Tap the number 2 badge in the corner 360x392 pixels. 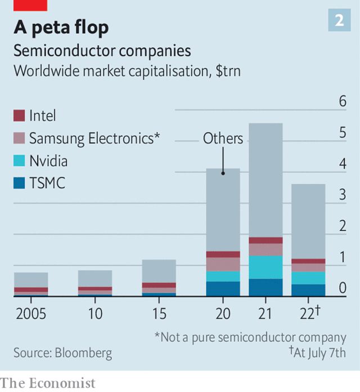339,21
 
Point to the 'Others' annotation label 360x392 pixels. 223,139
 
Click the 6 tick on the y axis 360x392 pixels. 343,101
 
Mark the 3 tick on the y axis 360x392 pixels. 343,195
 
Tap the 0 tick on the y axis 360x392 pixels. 343,288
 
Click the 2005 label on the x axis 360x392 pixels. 31,313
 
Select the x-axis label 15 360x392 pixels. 159,313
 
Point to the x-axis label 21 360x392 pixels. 265,313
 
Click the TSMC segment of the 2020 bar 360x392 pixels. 223,288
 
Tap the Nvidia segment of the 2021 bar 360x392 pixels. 265,267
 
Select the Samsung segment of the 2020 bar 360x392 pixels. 223,264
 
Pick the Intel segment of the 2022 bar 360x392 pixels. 308,261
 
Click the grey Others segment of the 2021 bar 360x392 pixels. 265,180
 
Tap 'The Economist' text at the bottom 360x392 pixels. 48,383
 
